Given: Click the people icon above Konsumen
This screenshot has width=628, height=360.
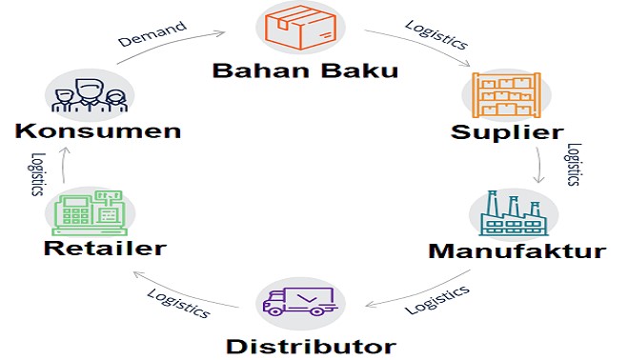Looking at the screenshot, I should coord(88,96).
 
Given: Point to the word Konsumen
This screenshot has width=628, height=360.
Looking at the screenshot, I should coord(97,130).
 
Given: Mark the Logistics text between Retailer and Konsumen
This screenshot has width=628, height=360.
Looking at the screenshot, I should coord(38,172).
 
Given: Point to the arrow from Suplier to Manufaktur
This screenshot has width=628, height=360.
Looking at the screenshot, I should coord(542,165).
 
